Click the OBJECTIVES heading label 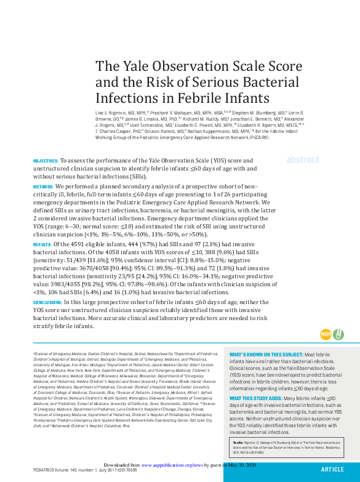tap(46, 160)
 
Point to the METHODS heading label tap(43, 185)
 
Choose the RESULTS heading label tap(42, 244)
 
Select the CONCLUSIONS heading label tap(47, 303)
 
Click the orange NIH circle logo tap(326, 334)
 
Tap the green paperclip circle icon tap(338, 334)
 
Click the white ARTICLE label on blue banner tap(332, 469)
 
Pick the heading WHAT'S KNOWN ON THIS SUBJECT tap(266, 355)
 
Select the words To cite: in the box tap(238, 443)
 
